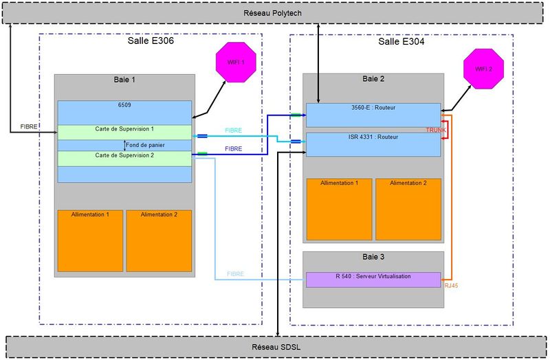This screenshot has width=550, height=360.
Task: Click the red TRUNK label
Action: click(436, 130)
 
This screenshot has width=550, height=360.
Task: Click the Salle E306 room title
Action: click(151, 41)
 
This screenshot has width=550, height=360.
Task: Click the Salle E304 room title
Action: click(401, 41)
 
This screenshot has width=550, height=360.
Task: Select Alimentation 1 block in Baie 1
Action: click(90, 240)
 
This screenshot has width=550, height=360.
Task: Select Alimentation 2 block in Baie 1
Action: click(159, 240)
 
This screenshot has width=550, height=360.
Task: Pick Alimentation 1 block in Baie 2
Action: click(339, 209)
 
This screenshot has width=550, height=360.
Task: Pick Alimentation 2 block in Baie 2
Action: click(408, 209)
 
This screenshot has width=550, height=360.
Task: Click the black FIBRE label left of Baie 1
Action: click(30, 127)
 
